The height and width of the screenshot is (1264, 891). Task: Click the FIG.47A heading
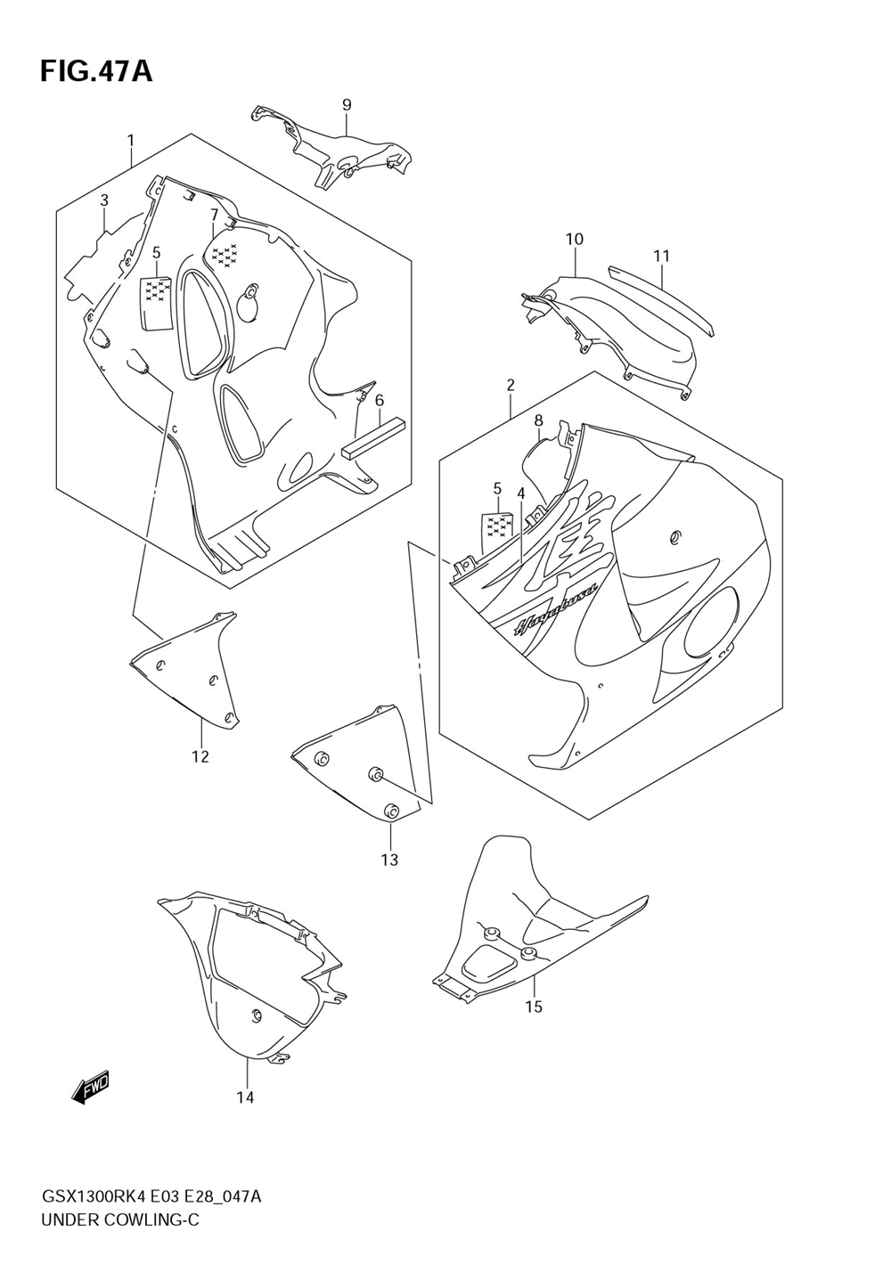[x=96, y=71]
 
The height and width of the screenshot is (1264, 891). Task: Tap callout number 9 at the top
[x=347, y=105]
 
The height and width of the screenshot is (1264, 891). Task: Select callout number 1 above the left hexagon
[x=130, y=141]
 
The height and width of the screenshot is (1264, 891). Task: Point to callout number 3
[x=103, y=200]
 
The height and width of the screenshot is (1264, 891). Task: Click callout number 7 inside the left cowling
[x=214, y=216]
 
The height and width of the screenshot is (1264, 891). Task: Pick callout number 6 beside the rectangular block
[x=380, y=400]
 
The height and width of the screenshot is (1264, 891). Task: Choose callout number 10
[x=574, y=239]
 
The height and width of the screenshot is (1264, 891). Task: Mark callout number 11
[x=660, y=257]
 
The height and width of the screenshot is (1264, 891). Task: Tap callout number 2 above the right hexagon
[x=511, y=385]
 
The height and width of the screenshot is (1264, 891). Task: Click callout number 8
[x=538, y=420]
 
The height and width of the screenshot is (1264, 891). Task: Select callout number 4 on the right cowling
[x=520, y=493]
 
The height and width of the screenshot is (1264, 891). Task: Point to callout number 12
[x=200, y=756]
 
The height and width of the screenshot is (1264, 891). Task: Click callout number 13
[x=389, y=860]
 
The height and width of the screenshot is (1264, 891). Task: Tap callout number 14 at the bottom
[x=245, y=1097]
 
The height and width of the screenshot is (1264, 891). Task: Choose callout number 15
[x=534, y=1007]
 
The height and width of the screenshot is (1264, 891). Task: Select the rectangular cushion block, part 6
[x=374, y=437]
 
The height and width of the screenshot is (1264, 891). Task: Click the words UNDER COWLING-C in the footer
[x=120, y=1219]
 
